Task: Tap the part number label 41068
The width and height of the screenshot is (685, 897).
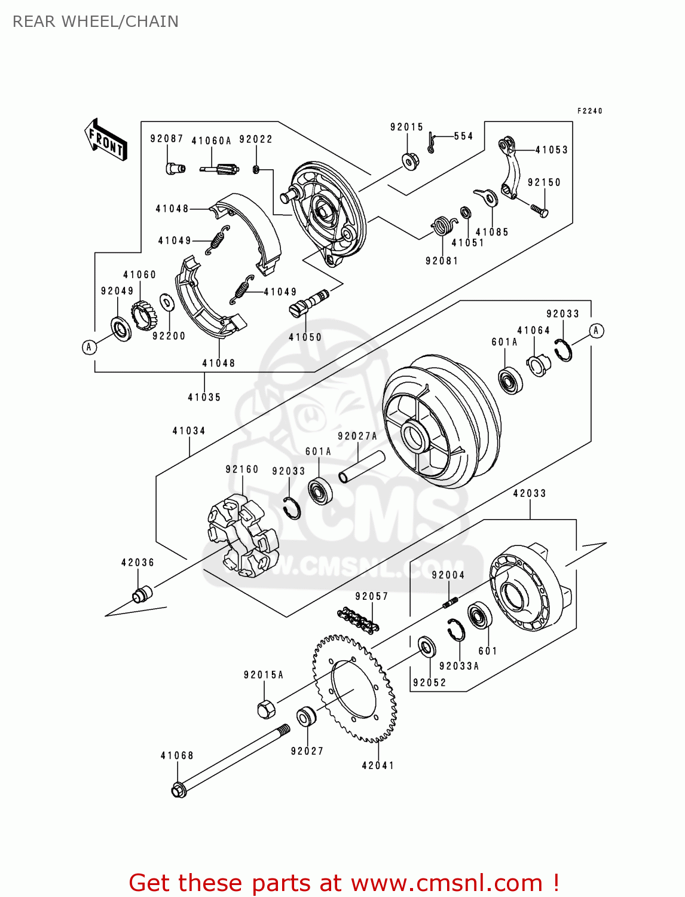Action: pos(177,755)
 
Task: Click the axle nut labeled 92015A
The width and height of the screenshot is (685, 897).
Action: pos(266,709)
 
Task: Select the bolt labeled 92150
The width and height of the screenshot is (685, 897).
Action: pos(539,210)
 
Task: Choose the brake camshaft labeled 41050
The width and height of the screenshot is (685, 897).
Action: pos(308,302)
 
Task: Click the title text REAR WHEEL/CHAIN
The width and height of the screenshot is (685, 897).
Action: pos(96,22)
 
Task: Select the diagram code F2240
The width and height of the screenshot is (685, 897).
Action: pos(589,111)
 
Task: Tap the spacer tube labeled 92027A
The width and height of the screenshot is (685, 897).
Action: pos(362,466)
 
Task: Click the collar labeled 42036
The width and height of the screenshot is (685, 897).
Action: pos(142,594)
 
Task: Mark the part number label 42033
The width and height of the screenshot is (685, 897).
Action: pos(530,493)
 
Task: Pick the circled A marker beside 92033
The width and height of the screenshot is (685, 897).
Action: pos(596,331)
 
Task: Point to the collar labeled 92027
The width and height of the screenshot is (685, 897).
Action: pos(307,716)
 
